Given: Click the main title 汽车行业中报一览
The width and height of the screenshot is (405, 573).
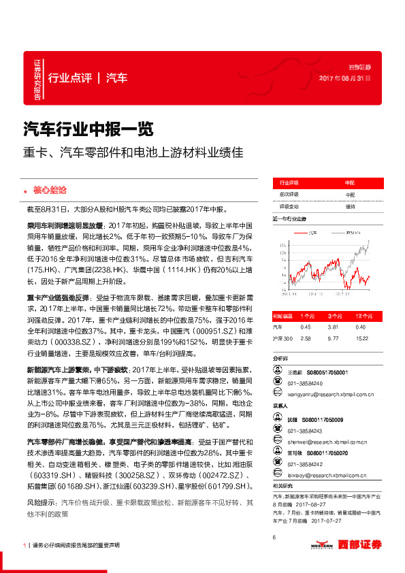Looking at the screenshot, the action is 89,128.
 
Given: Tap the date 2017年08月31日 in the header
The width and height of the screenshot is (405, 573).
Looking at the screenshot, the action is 345,78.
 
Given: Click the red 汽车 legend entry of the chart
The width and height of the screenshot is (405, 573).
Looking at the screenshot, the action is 309,232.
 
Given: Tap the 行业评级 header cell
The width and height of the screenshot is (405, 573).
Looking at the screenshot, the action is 290,184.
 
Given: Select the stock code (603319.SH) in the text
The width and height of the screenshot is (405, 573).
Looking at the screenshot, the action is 48,473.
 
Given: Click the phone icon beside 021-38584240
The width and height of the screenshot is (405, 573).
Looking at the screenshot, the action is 277,382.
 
